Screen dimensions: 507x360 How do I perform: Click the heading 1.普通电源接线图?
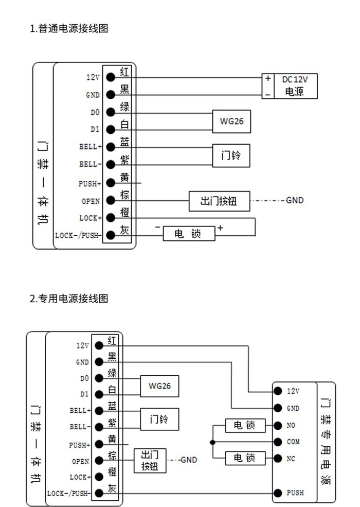tap(69, 29)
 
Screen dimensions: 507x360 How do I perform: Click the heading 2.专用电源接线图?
tap(69, 298)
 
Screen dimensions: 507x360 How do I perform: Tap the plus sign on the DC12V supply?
tap(268, 78)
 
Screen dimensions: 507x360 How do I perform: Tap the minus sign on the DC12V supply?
tap(268, 95)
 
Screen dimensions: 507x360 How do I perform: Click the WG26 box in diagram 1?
tap(231, 121)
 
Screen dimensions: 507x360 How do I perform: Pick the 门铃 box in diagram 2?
tap(159, 419)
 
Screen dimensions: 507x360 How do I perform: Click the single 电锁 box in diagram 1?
tap(189, 234)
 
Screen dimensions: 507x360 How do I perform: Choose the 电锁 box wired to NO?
tap(245, 426)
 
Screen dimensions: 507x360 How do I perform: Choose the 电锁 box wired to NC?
tap(245, 458)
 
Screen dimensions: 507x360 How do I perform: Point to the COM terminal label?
tap(293, 442)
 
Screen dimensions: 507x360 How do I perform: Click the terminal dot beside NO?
tap(278, 426)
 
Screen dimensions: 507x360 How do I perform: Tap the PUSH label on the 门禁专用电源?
tap(295, 493)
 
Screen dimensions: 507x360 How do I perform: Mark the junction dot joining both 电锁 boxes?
tap(212, 442)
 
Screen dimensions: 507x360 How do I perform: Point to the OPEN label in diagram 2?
tap(80, 461)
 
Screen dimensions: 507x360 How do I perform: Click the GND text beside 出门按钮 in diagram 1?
tap(295, 200)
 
